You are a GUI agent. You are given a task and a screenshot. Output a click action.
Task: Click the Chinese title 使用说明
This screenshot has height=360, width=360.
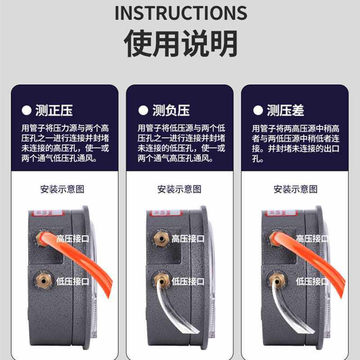point(180,44)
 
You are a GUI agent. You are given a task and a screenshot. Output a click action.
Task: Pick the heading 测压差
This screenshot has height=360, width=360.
point(285,110)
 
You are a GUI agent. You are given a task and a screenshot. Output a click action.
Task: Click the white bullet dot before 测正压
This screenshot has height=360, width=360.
point(27,110)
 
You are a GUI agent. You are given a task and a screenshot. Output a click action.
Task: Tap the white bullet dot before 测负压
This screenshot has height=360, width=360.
point(143,110)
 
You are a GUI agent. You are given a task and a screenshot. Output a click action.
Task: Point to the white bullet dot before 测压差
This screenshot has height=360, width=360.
point(258,110)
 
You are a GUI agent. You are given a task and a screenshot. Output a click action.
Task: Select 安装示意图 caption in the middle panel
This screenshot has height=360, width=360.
point(179,189)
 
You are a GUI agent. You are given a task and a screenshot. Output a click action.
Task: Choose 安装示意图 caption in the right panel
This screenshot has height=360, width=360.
point(295,189)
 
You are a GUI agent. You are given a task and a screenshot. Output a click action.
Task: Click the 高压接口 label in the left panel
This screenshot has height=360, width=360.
point(72,238)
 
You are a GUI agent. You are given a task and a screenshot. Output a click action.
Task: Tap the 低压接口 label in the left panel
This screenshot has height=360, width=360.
point(72,281)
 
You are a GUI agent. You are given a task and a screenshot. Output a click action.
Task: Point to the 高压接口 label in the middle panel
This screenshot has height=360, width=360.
point(188,238)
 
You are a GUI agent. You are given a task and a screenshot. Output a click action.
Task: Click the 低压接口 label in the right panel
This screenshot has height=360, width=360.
point(312,281)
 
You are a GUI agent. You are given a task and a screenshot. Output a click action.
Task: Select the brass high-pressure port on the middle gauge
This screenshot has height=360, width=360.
point(159,237)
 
